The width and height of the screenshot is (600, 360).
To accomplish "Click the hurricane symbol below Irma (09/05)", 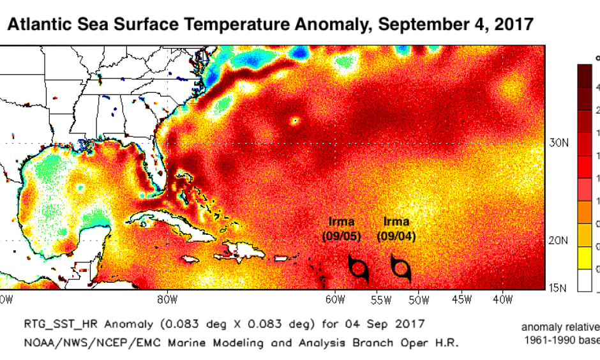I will tap(359, 269).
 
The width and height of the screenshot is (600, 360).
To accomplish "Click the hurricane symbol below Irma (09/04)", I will tap(400, 269).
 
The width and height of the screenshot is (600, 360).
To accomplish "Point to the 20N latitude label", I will tap(560, 241).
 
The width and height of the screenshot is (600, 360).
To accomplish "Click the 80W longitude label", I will tap(165, 299).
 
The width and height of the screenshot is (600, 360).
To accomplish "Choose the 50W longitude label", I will tap(419, 299).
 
